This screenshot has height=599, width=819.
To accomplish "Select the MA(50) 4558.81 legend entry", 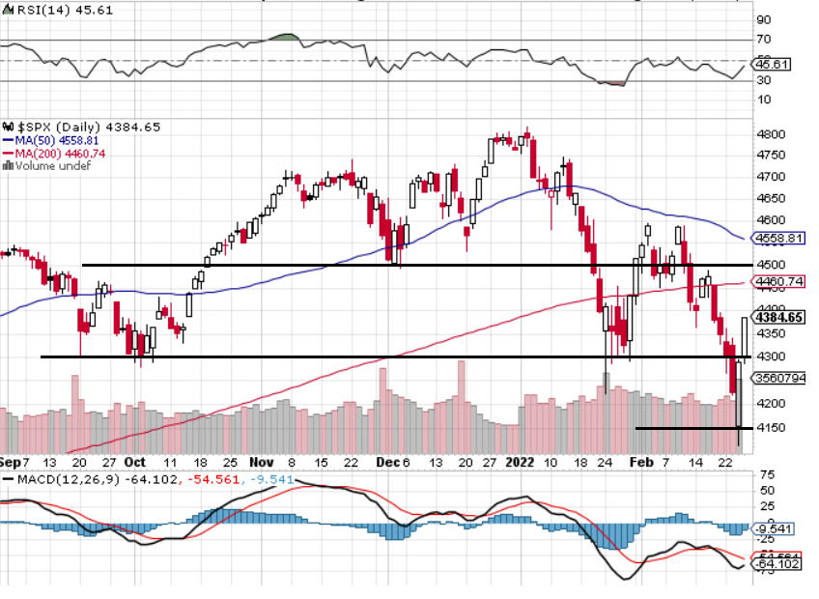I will click(59, 140).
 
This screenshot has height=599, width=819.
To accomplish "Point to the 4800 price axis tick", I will click(771, 134).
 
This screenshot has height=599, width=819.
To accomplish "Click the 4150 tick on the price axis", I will click(771, 427).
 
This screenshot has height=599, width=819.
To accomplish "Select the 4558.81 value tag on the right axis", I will click(780, 238).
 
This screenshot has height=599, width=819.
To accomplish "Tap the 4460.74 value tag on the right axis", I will click(780, 282).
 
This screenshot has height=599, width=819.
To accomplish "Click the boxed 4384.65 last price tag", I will click(780, 317).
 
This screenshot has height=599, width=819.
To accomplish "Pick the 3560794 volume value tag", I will click(780, 378).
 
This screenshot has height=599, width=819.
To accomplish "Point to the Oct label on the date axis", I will click(135, 462).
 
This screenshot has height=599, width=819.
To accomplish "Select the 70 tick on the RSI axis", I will click(764, 40).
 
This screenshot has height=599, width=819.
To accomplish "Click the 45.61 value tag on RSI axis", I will click(774, 64).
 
